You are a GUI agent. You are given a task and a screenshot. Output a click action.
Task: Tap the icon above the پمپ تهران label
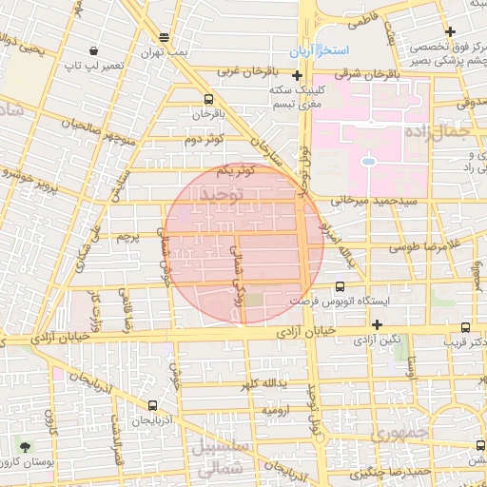click(165, 37)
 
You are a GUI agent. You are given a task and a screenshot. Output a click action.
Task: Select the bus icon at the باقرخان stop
click(207, 99)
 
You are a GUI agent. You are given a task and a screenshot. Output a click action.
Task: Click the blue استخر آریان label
click(321, 49)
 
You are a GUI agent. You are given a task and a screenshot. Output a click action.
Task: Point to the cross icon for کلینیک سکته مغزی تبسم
click(298, 75)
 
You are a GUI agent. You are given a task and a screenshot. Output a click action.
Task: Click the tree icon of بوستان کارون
click(24, 446)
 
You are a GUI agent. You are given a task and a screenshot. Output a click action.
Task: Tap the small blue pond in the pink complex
click(367, 159)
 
